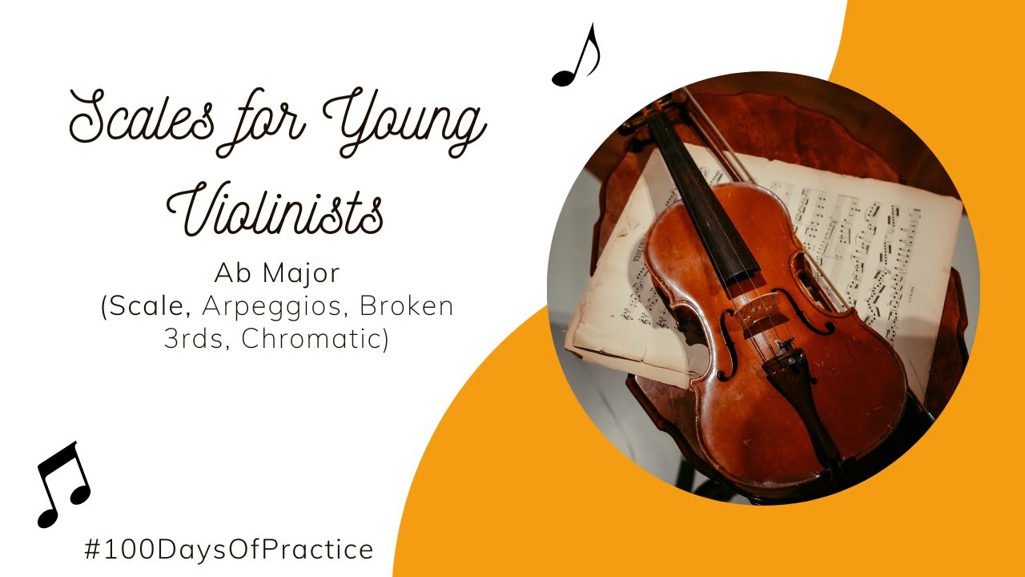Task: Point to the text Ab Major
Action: (x=276, y=273)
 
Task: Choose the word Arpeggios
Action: (x=276, y=307)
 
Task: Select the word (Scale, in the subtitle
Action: (x=147, y=307)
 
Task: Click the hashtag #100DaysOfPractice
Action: (x=228, y=550)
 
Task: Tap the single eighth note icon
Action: (x=577, y=56)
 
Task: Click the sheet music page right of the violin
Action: (x=889, y=240)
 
